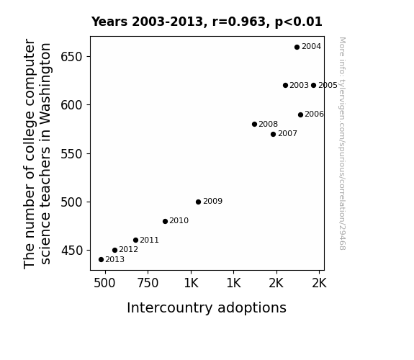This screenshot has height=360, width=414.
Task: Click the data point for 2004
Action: tap(297, 47)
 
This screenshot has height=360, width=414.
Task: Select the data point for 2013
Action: tap(101, 260)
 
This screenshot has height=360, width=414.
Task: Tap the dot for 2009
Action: tap(198, 202)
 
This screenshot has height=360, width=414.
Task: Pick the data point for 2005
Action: tap(313, 85)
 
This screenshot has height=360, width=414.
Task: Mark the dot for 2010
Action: tap(165, 221)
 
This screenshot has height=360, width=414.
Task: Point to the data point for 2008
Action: tap(254, 124)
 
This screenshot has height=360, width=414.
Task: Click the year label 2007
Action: tap(287, 134)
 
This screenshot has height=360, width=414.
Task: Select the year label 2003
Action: tap(299, 85)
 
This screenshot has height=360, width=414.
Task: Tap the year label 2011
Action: tap(150, 240)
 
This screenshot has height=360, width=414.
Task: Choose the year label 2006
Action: tap(314, 114)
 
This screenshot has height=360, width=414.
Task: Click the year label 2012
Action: tap(129, 250)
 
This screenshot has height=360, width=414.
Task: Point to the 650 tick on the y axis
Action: tap(72, 57)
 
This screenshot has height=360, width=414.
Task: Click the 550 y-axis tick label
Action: tap(72, 153)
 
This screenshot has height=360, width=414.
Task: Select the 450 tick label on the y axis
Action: tap(72, 251)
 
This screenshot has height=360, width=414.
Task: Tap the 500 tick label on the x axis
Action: tap(104, 283)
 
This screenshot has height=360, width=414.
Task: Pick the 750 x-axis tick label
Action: tap(148, 283)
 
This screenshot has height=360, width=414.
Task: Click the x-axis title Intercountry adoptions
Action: tap(207, 308)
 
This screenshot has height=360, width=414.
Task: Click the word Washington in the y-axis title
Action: tap(45, 84)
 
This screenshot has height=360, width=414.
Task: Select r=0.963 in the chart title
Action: tap(239, 22)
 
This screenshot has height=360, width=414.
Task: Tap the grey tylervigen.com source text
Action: tap(342, 143)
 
